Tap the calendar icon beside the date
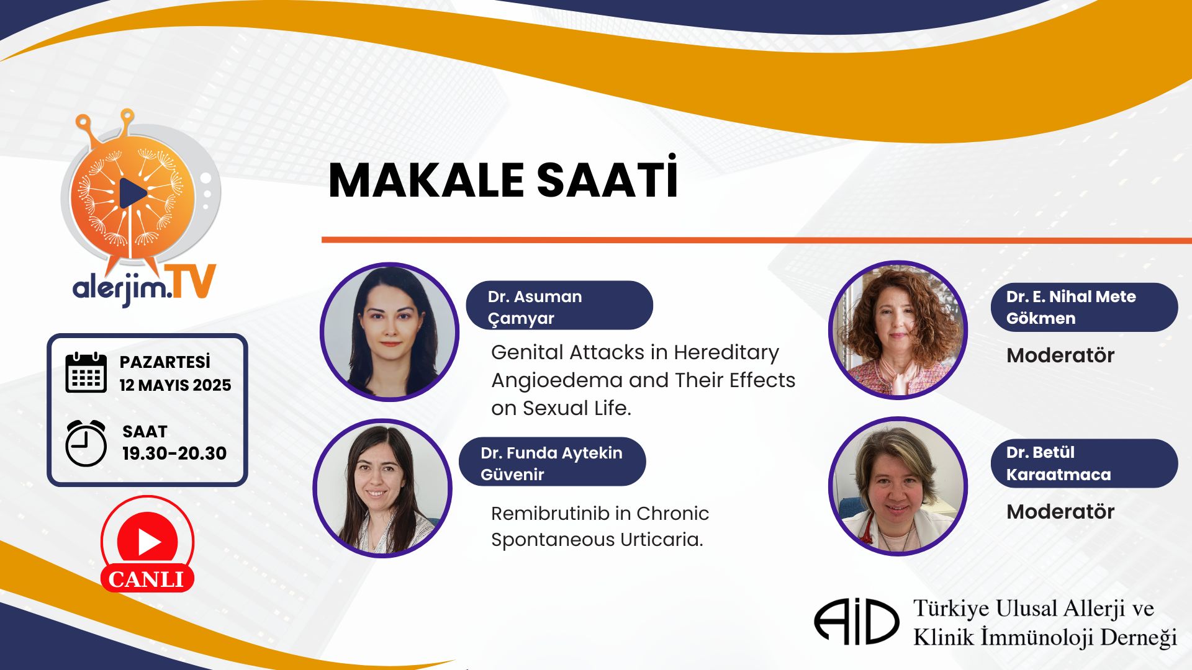tap(86, 372)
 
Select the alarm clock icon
tap(86, 443)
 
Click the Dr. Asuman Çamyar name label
tap(559, 305)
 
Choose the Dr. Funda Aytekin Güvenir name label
tap(553, 462)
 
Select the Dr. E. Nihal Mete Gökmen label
tap(1084, 307)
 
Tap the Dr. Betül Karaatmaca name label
tap(1084, 463)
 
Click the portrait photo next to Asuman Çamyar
tap(389, 332)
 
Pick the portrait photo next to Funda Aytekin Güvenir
tap(382, 488)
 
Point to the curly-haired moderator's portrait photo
tap(898, 329)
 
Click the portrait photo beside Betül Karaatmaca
tap(898, 486)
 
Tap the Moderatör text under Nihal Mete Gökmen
tap(1060, 355)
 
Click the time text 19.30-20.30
tap(174, 453)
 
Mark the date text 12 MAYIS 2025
tap(175, 385)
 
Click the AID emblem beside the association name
tap(856, 621)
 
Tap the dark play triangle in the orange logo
tap(132, 194)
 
